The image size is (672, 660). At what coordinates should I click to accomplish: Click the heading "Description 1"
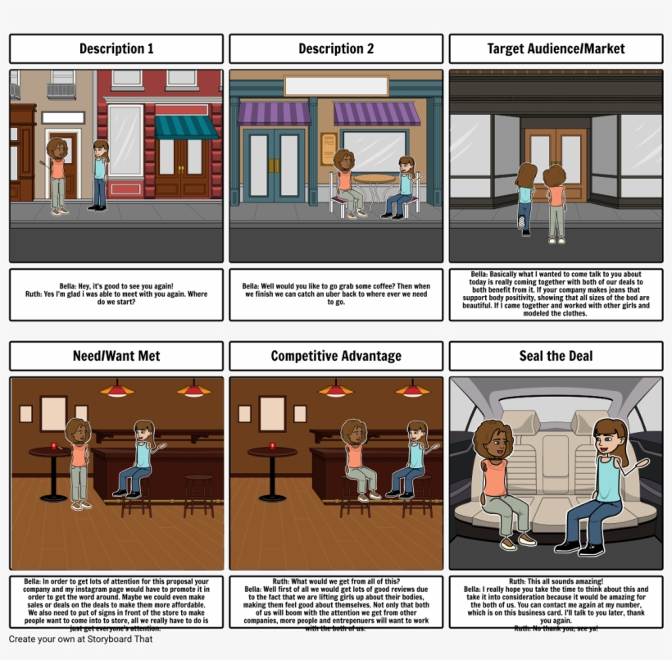(116, 49)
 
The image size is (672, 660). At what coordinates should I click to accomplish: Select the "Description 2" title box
(336, 49)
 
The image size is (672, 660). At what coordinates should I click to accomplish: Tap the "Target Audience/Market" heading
(556, 49)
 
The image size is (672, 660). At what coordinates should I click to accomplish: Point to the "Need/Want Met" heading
(116, 356)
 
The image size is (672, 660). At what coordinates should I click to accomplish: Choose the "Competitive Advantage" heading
(336, 356)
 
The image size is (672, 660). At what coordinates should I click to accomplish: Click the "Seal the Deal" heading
(556, 356)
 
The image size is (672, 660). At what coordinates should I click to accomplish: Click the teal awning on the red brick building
(186, 126)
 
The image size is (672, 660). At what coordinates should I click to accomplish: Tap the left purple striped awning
(274, 113)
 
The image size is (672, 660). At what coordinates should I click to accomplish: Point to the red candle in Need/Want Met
(53, 446)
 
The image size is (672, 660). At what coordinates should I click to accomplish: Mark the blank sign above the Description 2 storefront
(336, 85)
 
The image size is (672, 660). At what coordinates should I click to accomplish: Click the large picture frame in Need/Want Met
(53, 413)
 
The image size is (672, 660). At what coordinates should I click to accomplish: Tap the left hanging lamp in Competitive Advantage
(336, 390)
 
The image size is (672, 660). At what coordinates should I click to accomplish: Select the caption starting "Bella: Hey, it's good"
(116, 294)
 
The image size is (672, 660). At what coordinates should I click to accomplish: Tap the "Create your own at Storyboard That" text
(81, 639)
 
